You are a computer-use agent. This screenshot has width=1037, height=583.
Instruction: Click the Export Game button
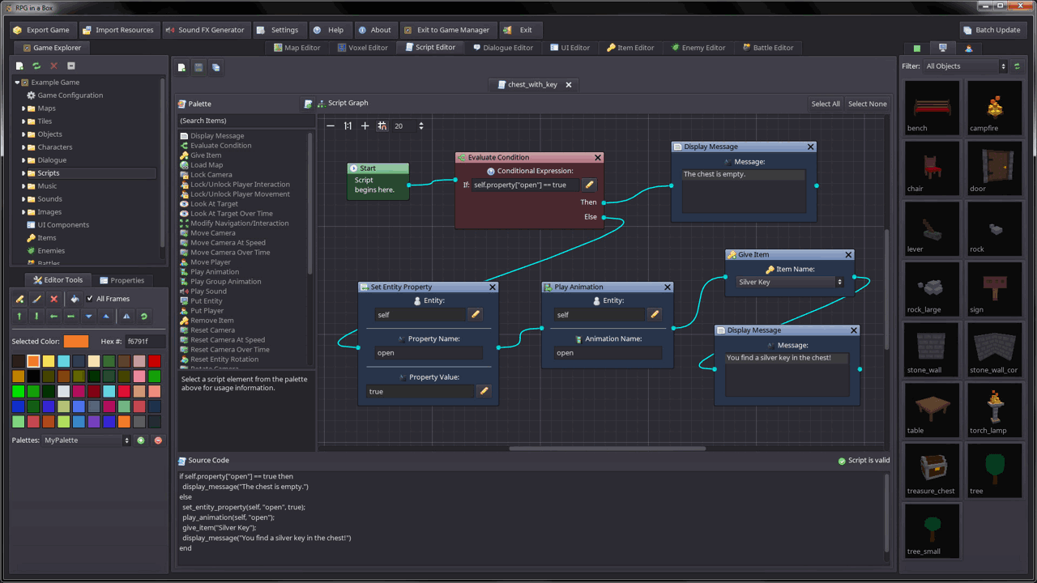(x=42, y=30)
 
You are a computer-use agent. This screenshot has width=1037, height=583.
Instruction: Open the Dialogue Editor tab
(x=501, y=48)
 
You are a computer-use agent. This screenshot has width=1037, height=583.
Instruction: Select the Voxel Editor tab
(x=362, y=48)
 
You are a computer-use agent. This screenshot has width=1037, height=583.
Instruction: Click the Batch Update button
(x=991, y=30)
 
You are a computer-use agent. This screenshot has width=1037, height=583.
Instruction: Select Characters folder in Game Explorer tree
(x=54, y=147)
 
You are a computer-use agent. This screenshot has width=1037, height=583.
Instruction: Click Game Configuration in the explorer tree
(x=70, y=96)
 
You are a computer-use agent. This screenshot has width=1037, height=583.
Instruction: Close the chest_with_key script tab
(x=569, y=84)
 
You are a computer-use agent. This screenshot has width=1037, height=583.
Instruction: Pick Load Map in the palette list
(x=207, y=165)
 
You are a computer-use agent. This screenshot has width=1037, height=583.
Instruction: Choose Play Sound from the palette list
(x=208, y=291)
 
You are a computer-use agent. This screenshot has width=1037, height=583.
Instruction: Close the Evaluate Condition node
(x=598, y=158)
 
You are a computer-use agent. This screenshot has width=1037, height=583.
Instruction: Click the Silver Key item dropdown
(x=789, y=282)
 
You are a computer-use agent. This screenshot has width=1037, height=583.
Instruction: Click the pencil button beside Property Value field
(x=484, y=391)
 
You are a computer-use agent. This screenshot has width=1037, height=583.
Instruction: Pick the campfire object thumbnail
(x=994, y=108)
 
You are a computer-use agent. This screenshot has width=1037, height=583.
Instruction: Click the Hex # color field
(x=144, y=342)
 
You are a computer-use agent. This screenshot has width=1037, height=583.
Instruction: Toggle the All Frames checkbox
(x=90, y=299)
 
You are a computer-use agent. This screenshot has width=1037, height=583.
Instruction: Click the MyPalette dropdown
(x=86, y=440)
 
